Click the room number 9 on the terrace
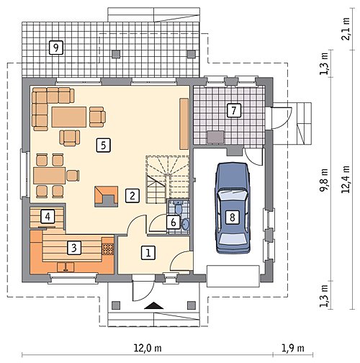(55, 48)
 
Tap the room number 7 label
(234, 110)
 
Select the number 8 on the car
(232, 217)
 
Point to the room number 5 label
(104, 145)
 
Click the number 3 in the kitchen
(74, 248)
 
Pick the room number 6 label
(174, 222)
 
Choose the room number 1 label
(148, 253)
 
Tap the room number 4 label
(48, 217)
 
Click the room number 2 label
(132, 195)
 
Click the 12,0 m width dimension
(148, 348)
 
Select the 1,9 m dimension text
(292, 348)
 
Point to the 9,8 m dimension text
(324, 180)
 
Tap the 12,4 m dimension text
(346, 179)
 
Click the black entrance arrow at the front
(154, 305)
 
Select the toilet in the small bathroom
(179, 208)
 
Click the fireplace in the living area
(107, 197)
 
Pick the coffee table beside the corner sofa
(69, 117)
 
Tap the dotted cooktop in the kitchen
(108, 249)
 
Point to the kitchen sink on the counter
(66, 267)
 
